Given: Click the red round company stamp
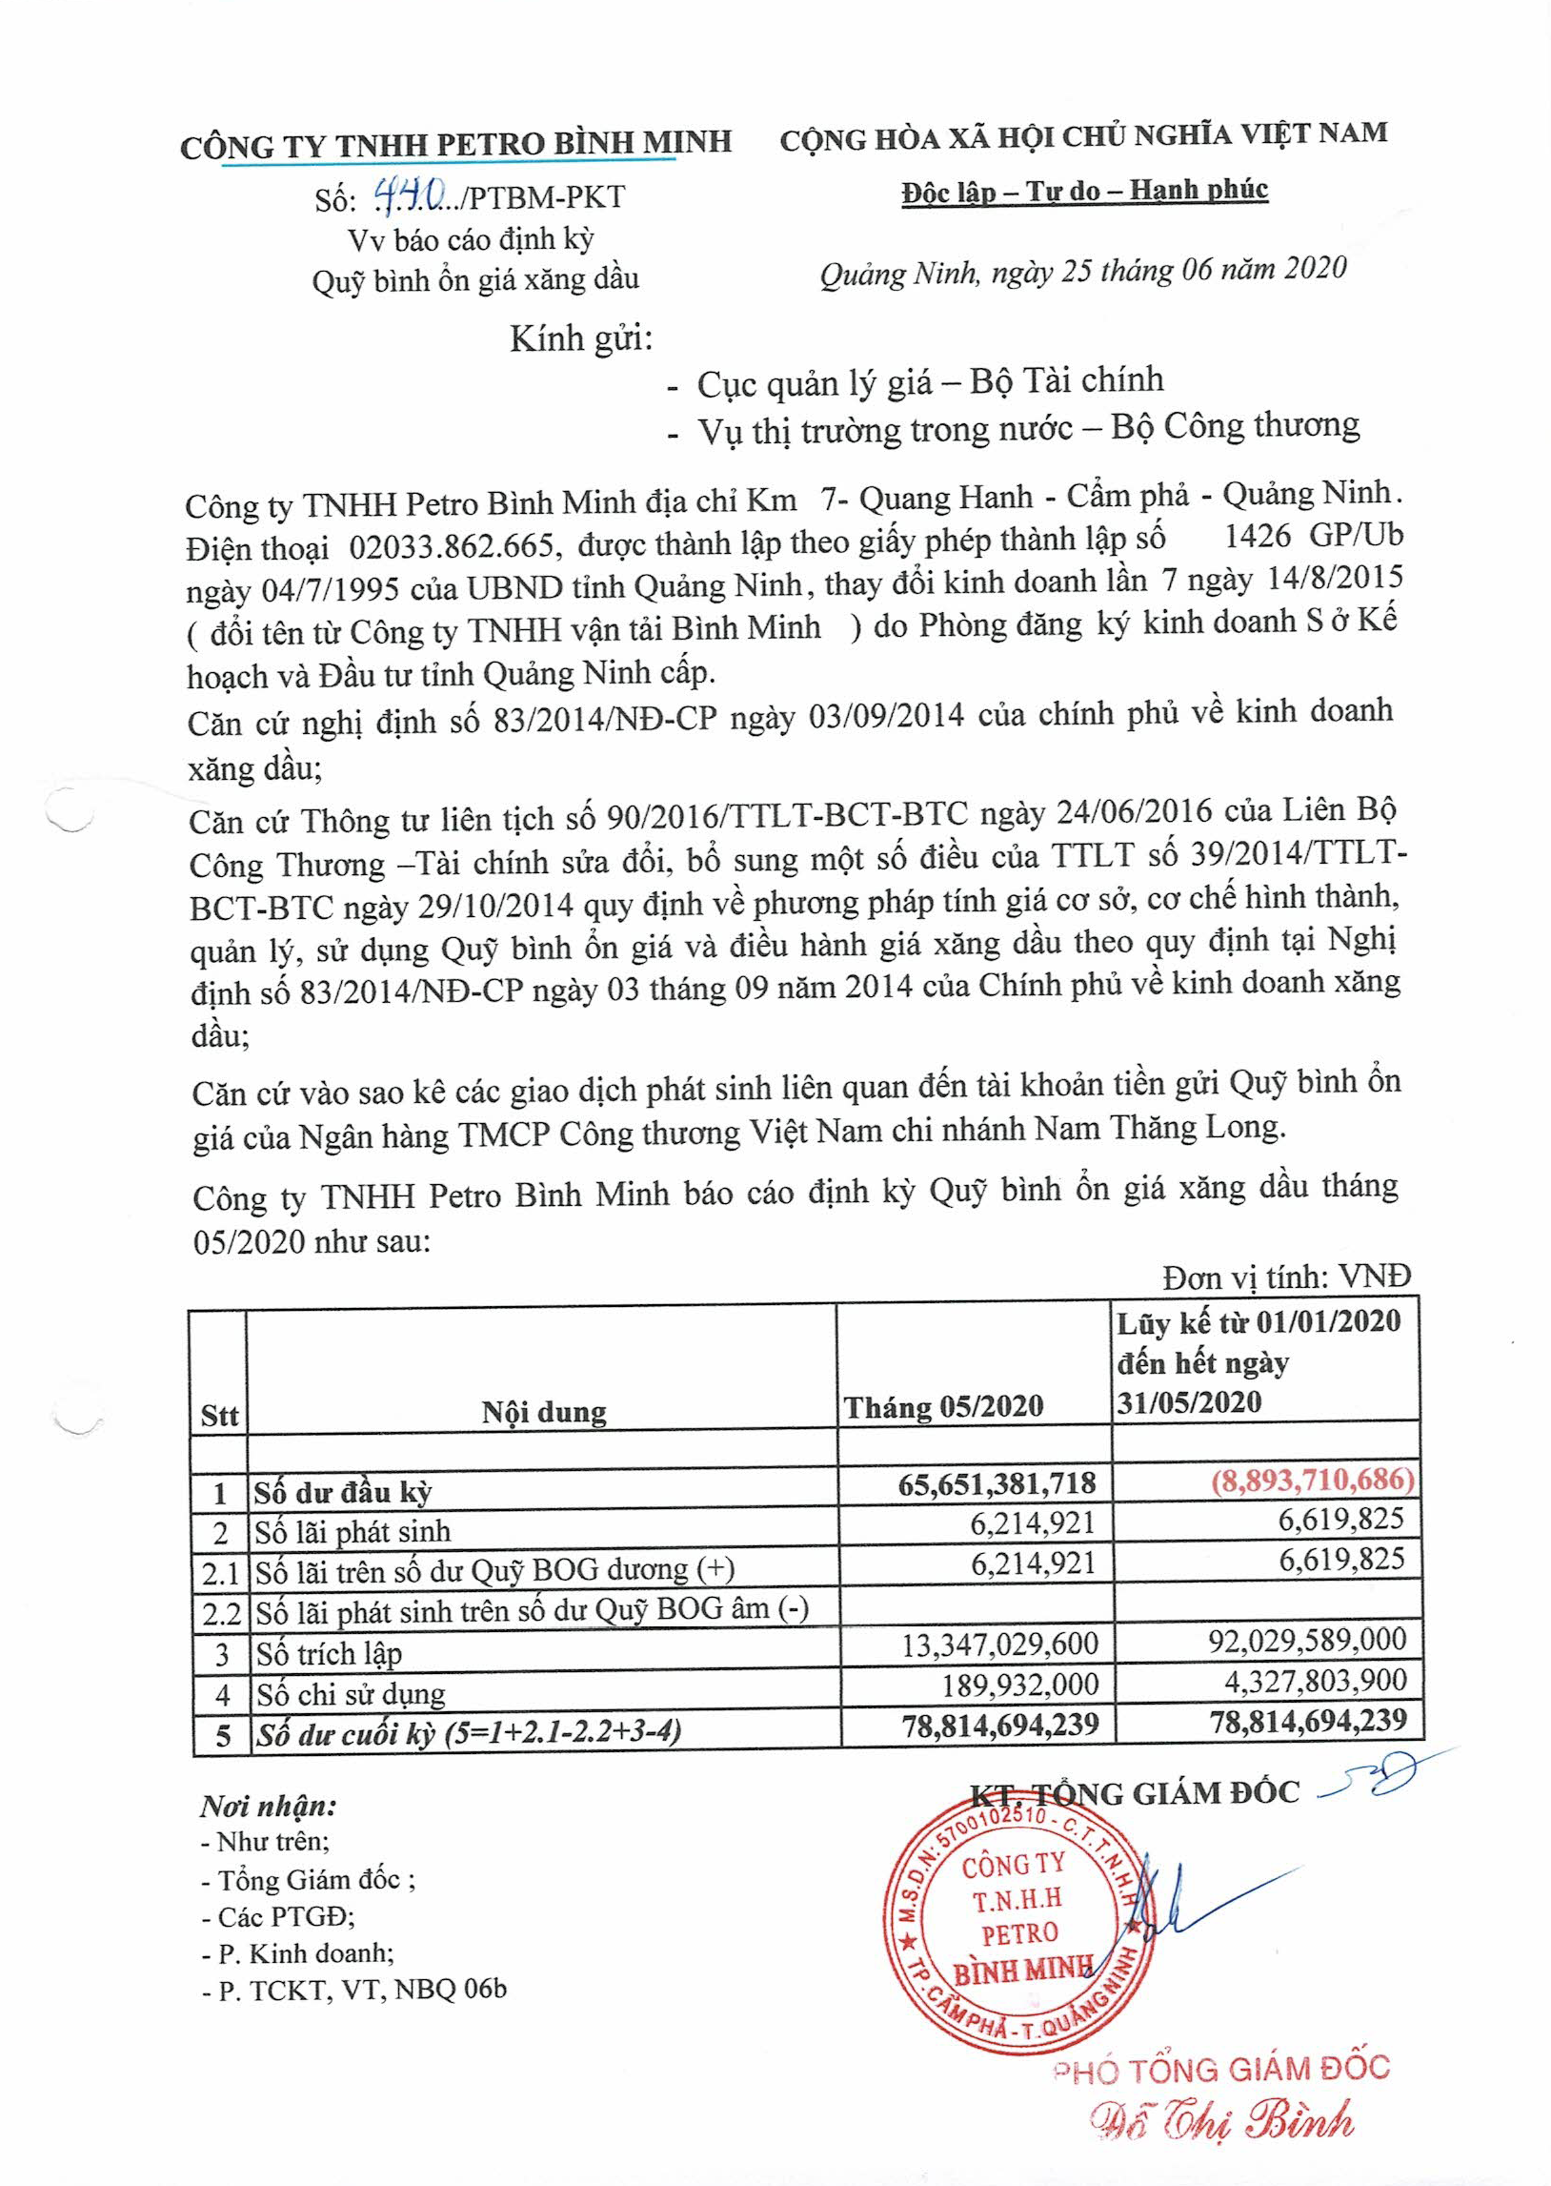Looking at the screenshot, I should pos(1018,1919).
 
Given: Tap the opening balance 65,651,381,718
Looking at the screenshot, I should pos(997,1482).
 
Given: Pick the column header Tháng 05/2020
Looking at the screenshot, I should pos(942,1406).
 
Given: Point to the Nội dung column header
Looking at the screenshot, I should pos(543,1411).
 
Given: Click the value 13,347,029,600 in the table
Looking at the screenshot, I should pos(1000,1644).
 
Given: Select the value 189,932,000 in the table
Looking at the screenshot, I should pos(1019,1684).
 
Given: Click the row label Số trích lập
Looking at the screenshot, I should pos(329,1652).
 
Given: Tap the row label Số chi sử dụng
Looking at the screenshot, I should pos(350,1694).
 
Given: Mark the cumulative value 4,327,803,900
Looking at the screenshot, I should pos(1315,1680).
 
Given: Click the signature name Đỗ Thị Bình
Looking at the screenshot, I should pos(1223,2122).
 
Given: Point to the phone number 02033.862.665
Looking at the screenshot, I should pos(451,545).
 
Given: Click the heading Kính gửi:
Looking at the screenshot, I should pos(580,338).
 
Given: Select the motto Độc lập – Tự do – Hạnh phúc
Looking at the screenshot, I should pos(1084,191).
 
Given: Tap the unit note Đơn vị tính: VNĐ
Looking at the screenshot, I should pos(1285,1277).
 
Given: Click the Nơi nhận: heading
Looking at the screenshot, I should pos(269,1807).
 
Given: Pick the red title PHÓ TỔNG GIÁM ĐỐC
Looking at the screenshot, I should pos(1220,2069).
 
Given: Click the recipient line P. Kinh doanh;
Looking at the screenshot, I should pos(298,1952).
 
